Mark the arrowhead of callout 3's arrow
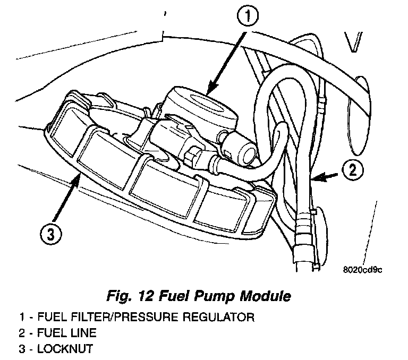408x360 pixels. pos(78,180)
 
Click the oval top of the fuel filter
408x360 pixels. pos(202,100)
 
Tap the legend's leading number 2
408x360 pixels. pos(21,333)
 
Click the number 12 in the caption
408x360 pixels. pos(146,295)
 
